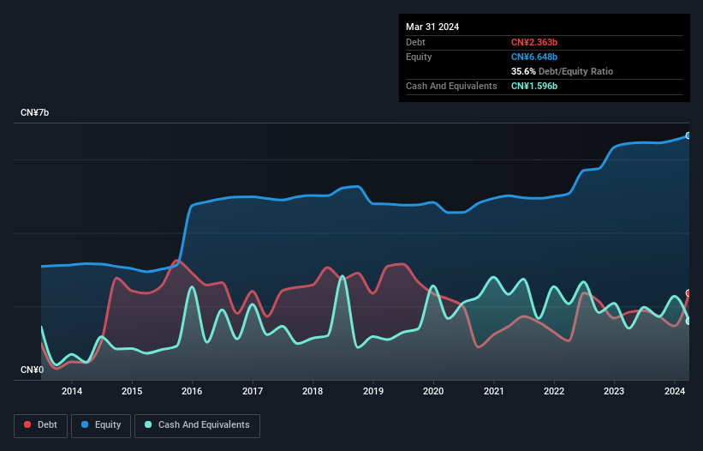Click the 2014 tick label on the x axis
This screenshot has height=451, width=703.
click(72, 392)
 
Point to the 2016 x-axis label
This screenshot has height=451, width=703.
click(193, 392)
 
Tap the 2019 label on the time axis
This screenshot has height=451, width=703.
click(373, 392)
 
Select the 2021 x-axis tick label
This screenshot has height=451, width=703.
click(494, 392)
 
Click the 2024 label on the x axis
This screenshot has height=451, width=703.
click(675, 392)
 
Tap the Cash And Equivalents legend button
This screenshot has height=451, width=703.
click(197, 425)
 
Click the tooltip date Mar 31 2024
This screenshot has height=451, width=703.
click(432, 27)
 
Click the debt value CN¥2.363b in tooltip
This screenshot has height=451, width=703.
click(534, 42)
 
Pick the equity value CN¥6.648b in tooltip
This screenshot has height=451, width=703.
click(534, 57)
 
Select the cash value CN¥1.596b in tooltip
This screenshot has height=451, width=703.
click(534, 86)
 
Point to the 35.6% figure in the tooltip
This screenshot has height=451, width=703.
click(523, 71)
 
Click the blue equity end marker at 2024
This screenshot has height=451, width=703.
click(688, 135)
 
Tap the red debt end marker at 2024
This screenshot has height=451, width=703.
click(688, 293)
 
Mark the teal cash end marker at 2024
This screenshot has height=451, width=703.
click(688, 321)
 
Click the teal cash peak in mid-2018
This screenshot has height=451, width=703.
click(343, 276)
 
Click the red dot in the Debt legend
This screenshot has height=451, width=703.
click(28, 425)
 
